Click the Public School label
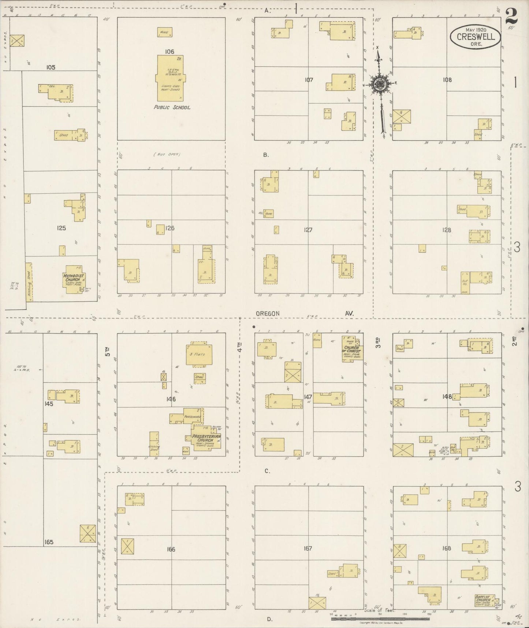(x=171, y=107)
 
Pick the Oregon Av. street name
(x=268, y=313)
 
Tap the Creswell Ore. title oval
(x=475, y=37)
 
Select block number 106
(x=169, y=52)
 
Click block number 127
(x=308, y=230)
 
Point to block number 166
(x=171, y=549)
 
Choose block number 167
(x=308, y=548)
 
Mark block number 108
(x=447, y=80)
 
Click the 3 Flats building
(x=199, y=354)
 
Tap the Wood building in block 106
(x=164, y=32)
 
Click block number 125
(x=61, y=228)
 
